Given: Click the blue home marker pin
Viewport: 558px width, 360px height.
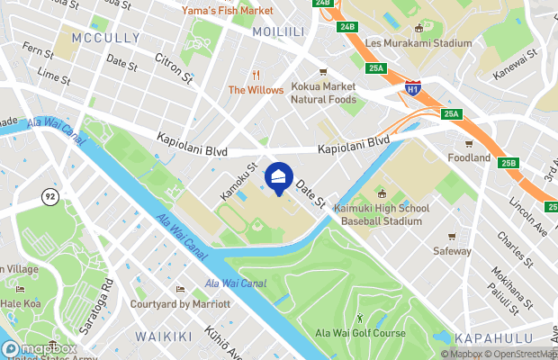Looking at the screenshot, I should [x=280, y=177].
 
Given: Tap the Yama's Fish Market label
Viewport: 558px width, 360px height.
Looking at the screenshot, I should [x=227, y=11].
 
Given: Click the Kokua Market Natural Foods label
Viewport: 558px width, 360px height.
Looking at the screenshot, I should [x=323, y=93].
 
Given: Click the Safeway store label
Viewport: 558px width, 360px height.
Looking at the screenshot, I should [x=453, y=250].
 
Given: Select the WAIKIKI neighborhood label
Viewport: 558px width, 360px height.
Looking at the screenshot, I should [x=164, y=336].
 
